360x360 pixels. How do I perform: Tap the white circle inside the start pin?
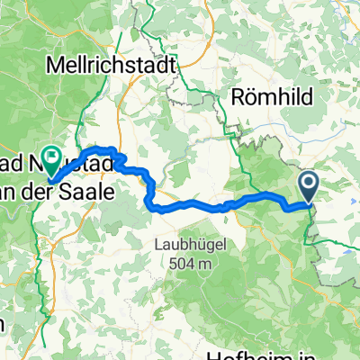[309, 184]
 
